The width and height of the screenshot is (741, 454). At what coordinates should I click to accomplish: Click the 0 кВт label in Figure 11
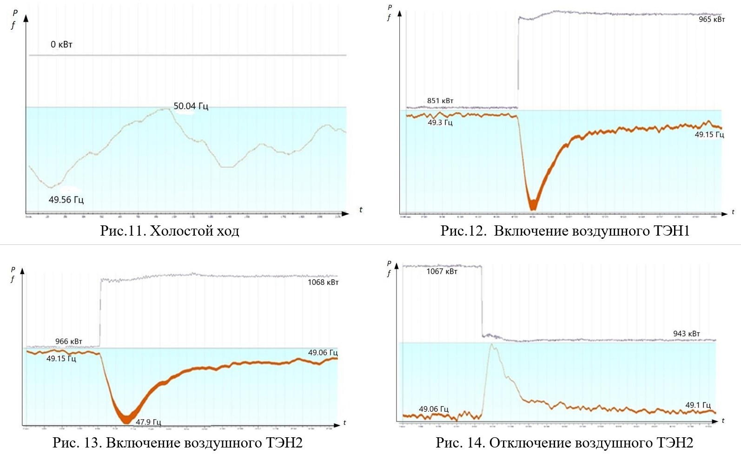tap(61, 45)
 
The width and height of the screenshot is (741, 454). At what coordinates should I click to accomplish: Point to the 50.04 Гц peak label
tap(191, 106)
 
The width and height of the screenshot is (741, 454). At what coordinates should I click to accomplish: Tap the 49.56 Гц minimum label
tap(66, 200)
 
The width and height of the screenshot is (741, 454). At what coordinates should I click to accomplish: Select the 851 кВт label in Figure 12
tap(440, 101)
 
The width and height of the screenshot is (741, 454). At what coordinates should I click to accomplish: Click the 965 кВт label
tap(711, 20)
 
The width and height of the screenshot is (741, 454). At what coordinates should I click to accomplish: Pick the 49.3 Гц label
tap(440, 123)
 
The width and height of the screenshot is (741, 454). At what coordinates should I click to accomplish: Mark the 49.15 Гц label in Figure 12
tap(709, 135)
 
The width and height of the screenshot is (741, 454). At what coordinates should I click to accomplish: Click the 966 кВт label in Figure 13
tap(68, 342)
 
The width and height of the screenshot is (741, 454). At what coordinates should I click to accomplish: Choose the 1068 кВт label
tap(323, 283)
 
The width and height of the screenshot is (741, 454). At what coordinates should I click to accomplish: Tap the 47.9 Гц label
tap(148, 422)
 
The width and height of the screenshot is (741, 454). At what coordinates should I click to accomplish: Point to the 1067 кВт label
tap(442, 271)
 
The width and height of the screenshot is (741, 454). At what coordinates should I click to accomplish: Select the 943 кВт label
tap(686, 334)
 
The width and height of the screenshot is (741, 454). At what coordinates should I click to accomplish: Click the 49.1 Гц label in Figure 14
tap(698, 405)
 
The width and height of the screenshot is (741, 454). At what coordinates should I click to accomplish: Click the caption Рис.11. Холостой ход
tap(169, 230)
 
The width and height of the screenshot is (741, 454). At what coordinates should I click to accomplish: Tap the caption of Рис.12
tap(565, 230)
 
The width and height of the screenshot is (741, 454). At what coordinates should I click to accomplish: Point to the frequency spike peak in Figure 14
tap(492, 345)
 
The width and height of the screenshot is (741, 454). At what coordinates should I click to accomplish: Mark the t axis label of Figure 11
tap(361, 210)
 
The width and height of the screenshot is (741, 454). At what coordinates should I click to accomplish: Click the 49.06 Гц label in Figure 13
tap(323, 353)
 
